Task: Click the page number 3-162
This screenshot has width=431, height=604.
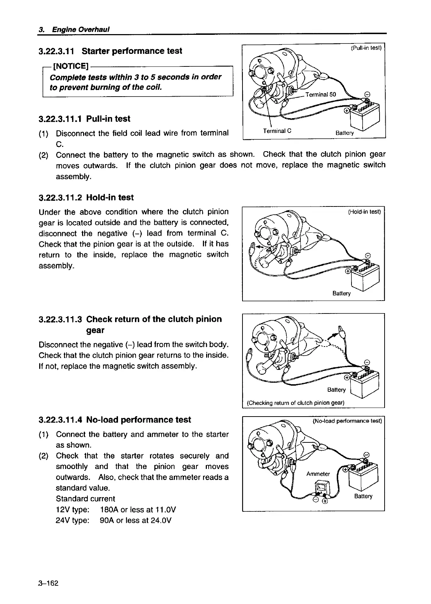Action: pyautogui.click(x=48, y=583)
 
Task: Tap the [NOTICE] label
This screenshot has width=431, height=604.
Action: pyautogui.click(x=71, y=66)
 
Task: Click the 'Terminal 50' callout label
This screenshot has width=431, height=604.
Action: pyautogui.click(x=320, y=94)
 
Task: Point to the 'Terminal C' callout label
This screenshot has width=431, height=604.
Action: pyautogui.click(x=277, y=131)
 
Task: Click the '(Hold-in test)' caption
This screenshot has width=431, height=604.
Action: pyautogui.click(x=364, y=212)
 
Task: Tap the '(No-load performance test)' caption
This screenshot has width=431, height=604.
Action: pyautogui.click(x=347, y=421)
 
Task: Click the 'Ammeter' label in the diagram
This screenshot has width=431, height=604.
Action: pyautogui.click(x=318, y=474)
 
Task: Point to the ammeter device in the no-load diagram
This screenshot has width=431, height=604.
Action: pyautogui.click(x=320, y=489)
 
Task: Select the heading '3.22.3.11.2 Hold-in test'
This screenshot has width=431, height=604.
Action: pyautogui.click(x=86, y=198)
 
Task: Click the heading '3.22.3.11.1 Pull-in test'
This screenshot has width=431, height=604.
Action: pyautogui.click(x=85, y=119)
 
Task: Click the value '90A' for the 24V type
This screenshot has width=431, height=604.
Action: pyautogui.click(x=107, y=520)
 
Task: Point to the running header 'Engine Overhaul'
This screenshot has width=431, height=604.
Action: pyautogui.click(x=81, y=29)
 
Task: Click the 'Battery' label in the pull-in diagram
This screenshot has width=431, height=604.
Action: pyautogui.click(x=345, y=133)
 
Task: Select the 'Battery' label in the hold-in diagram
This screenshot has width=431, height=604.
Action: pyautogui.click(x=341, y=293)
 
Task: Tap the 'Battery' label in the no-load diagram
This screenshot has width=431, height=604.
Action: pyautogui.click(x=363, y=496)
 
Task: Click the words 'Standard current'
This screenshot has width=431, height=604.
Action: pyautogui.click(x=85, y=499)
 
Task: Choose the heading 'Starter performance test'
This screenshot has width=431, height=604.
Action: pyautogui.click(x=132, y=51)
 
